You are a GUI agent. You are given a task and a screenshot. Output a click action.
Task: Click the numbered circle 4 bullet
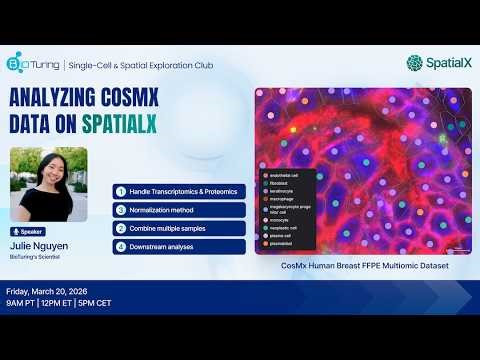tap(121, 246)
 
